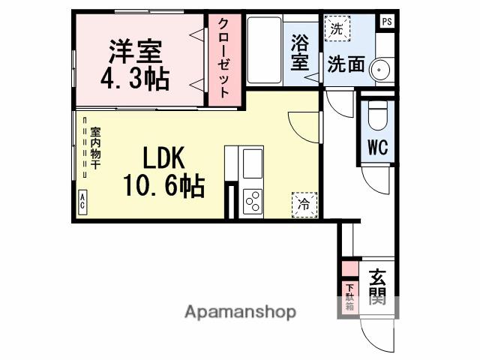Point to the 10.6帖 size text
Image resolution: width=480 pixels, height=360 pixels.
click(x=163, y=186)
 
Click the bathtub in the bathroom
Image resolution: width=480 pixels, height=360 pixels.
click(x=264, y=51)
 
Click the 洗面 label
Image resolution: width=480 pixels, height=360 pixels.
click(x=345, y=64)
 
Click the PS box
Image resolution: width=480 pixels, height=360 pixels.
click(x=387, y=20)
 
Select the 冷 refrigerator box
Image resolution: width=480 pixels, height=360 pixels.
click(x=304, y=203)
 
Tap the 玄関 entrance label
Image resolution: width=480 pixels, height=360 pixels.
click(x=377, y=287)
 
